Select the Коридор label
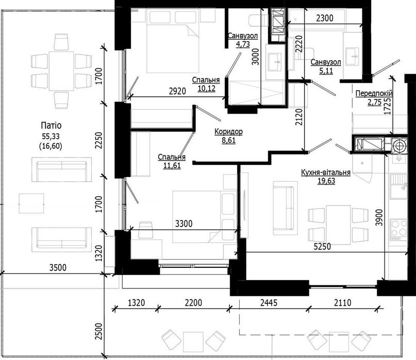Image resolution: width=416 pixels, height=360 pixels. point(228,132)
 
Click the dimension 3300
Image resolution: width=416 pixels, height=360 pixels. point(185,224)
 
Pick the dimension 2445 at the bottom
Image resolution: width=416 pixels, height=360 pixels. point(268,302)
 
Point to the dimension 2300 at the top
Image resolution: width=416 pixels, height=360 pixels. point(324,18)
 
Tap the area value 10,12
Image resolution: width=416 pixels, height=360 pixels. point(206,88)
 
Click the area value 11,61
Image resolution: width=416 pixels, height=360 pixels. point(172,166)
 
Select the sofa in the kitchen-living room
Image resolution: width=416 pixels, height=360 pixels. point(285,207)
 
